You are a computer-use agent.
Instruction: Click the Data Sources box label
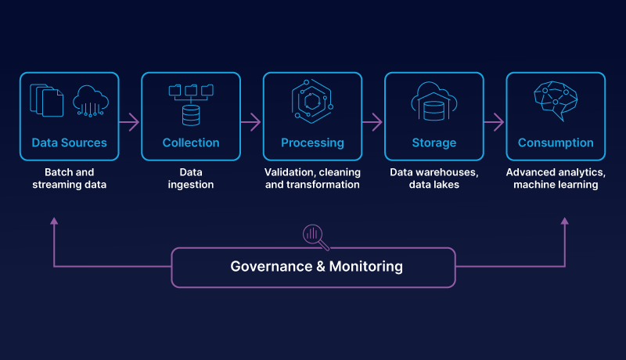point(69,143)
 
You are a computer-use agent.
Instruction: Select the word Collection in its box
point(191,143)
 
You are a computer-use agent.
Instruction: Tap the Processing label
point(312,143)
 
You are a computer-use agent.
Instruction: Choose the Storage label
point(434,143)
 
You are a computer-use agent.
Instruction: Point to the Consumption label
point(556,143)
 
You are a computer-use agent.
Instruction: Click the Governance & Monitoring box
point(313,267)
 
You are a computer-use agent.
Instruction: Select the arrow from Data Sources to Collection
point(130,122)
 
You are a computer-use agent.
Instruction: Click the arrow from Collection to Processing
point(251,122)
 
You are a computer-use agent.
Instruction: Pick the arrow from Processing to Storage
point(373,122)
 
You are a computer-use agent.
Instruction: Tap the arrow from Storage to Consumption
point(495,122)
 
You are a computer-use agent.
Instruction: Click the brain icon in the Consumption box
point(556,103)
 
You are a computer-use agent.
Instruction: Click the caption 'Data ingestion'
point(191,178)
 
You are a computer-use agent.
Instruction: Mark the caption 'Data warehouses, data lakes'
point(434,178)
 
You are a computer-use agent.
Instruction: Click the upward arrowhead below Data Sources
point(54,221)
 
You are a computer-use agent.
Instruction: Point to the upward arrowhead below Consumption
point(564,221)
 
